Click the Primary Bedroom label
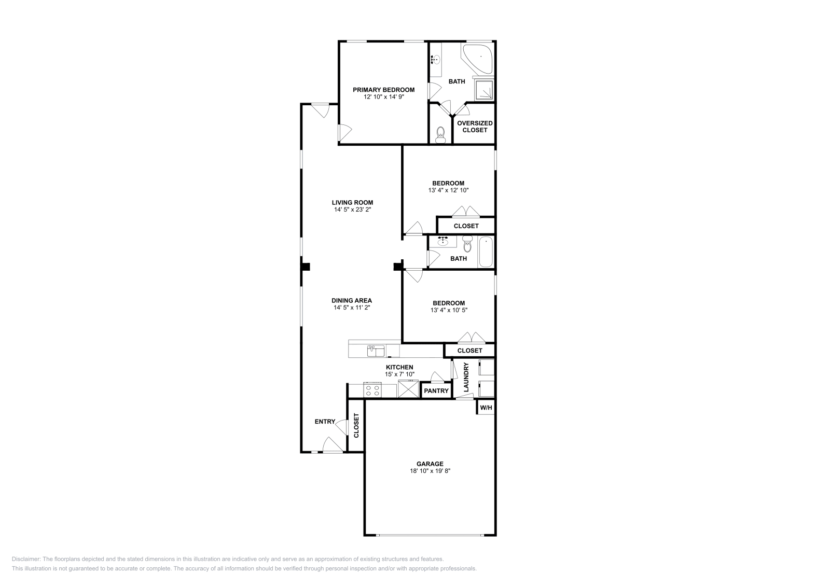pos(383,90)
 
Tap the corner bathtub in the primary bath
pos(479,58)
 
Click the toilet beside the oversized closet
pos(440,135)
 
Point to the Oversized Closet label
pos(475,127)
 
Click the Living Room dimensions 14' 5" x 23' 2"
pos(352,210)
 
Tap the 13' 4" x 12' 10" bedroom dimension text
pos(448,190)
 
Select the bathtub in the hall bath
pos(486,252)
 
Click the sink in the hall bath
pos(443,242)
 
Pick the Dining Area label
pos(352,300)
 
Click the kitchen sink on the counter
pos(376,352)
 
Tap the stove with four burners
pos(372,390)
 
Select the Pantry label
pos(436,391)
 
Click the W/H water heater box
pos(486,408)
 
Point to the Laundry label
pos(466,378)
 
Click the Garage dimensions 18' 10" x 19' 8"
pos(430,471)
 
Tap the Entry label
pos(325,422)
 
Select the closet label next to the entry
pos(356,425)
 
